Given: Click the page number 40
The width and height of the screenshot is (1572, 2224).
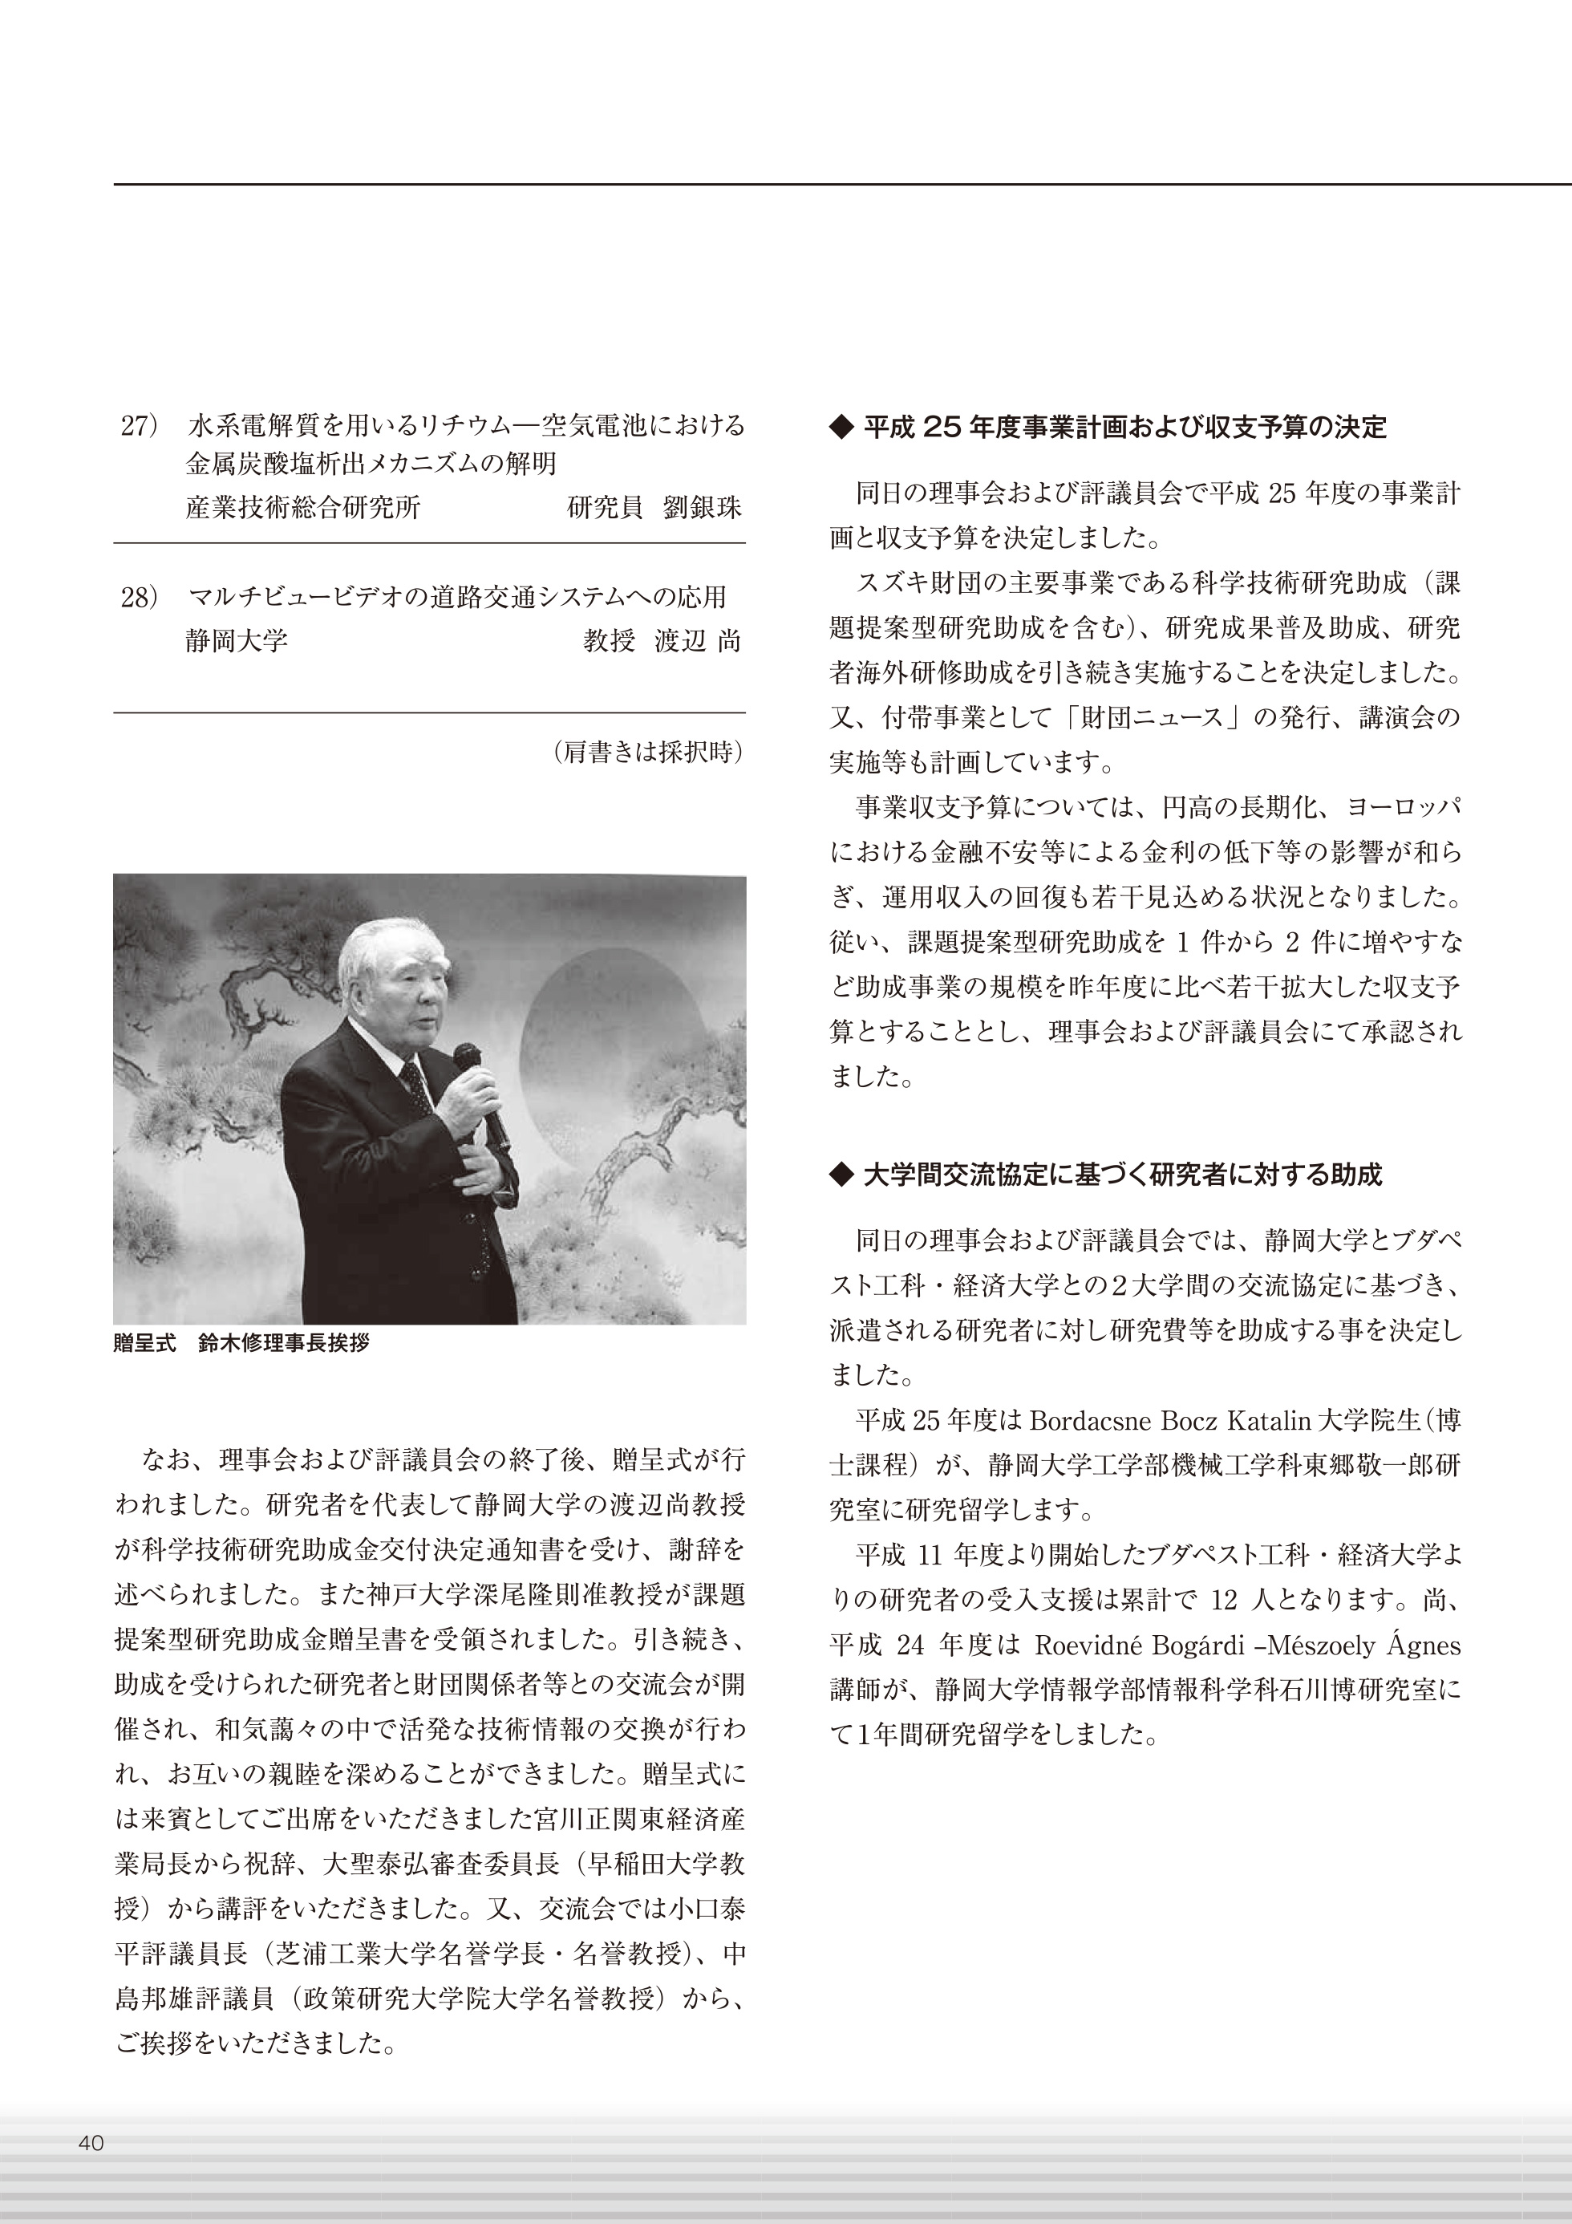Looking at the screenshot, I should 91,2144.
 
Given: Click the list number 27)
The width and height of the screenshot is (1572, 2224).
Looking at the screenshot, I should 140,426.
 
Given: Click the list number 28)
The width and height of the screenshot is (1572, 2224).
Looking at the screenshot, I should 140,598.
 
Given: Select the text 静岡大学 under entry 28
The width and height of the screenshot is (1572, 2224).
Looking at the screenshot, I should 237,640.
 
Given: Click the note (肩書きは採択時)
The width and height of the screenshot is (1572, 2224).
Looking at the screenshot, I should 647,752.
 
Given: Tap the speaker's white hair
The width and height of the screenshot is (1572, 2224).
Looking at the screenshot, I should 383,949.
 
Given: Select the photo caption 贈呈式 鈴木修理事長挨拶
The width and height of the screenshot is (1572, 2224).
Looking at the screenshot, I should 241,1344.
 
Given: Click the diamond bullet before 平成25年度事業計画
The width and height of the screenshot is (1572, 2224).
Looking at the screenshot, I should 841,427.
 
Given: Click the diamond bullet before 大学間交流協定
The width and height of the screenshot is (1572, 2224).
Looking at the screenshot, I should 841,1175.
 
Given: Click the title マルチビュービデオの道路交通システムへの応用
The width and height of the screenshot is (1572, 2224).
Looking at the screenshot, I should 456,598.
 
